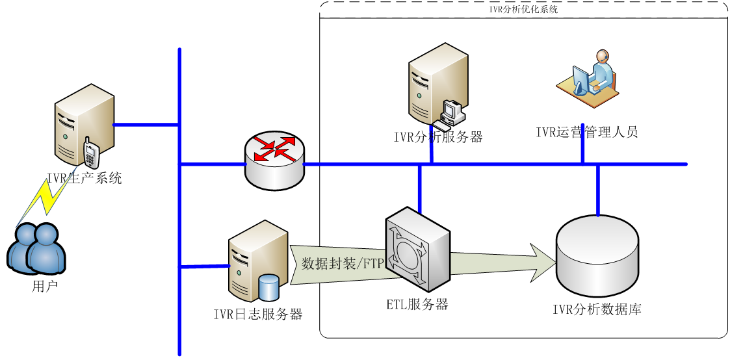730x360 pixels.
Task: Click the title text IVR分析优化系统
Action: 523,10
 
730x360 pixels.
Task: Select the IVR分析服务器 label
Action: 438,137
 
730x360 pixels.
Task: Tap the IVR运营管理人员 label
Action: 586,133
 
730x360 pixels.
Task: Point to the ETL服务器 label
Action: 417,304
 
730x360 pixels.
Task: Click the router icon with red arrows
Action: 274,160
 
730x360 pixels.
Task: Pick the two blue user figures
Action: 36,248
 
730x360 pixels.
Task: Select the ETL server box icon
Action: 417,249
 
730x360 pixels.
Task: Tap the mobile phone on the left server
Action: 91,153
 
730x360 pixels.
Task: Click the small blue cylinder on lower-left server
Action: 268,287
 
